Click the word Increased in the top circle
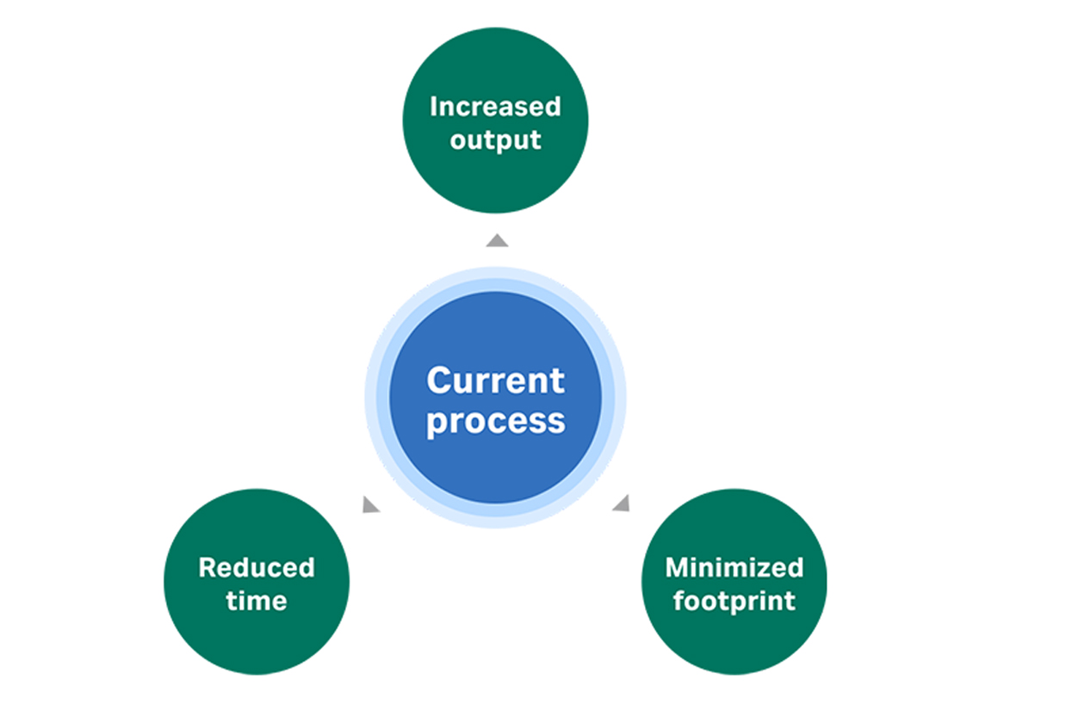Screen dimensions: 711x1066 [x=495, y=107]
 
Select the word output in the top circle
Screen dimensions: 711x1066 [x=495, y=139]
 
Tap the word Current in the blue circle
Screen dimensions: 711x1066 [x=495, y=380]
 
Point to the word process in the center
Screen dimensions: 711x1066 [x=495, y=421]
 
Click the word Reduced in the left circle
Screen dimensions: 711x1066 [x=257, y=568]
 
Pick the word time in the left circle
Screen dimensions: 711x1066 [x=257, y=601]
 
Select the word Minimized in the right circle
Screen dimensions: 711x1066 [x=734, y=568]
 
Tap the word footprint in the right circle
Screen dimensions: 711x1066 [x=734, y=601]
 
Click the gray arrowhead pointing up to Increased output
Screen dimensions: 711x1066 [x=497, y=241]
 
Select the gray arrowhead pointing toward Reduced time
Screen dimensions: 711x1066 [x=369, y=505]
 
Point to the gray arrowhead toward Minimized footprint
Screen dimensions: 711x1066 [x=622, y=504]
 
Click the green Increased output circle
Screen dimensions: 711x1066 [x=495, y=181]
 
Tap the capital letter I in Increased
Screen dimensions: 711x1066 [x=433, y=107]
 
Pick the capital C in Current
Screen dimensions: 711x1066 [x=438, y=380]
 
